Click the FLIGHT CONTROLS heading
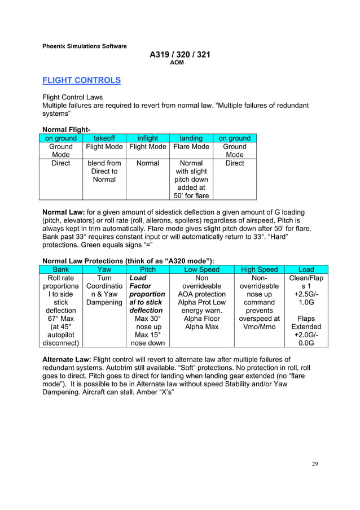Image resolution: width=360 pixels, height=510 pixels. (82, 80)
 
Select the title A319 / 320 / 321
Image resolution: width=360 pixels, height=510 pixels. (179, 55)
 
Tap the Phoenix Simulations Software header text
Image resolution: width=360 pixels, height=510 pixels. (85, 46)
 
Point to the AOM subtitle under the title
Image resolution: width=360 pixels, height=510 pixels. (177, 63)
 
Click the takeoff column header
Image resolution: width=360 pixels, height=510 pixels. (104, 138)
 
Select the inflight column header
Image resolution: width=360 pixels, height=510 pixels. (147, 138)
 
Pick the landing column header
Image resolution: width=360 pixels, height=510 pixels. (191, 138)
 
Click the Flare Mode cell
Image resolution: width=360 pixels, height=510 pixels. (191, 147)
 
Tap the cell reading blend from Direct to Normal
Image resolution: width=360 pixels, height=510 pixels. (104, 171)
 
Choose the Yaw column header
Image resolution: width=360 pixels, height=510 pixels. (104, 270)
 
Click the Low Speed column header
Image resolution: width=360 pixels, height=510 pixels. (201, 270)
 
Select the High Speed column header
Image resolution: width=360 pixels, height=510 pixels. (259, 270)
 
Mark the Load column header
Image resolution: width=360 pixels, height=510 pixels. (306, 270)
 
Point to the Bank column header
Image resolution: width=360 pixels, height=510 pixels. (61, 270)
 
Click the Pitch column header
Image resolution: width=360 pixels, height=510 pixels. (147, 270)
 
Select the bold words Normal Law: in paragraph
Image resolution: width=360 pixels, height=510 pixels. (63, 212)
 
